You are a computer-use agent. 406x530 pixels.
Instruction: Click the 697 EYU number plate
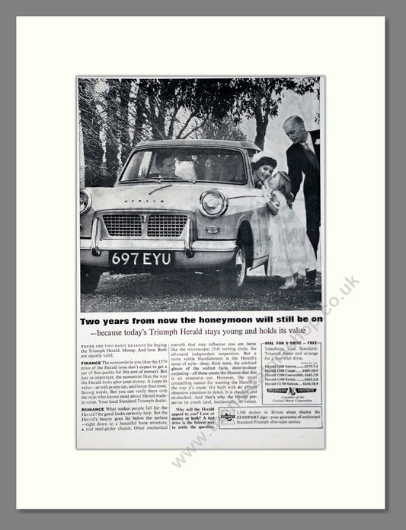[x=141, y=259]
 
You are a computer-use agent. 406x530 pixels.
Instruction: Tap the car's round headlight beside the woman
[x=213, y=202]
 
